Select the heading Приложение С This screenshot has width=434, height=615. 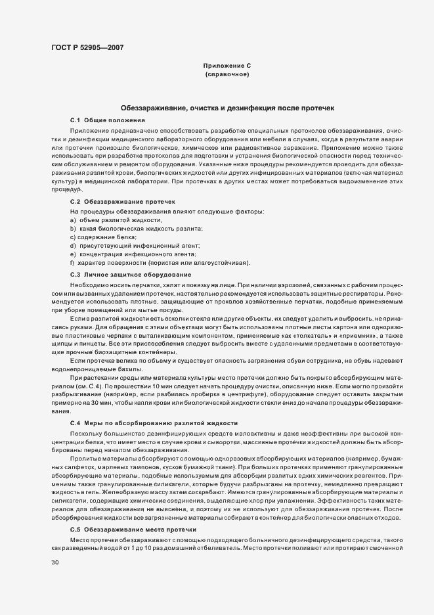click(x=227, y=66)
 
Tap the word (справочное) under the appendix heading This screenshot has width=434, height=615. click(x=227, y=75)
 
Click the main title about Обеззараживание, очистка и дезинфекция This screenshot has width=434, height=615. click(x=227, y=108)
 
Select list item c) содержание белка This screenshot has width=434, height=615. click(x=103, y=237)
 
